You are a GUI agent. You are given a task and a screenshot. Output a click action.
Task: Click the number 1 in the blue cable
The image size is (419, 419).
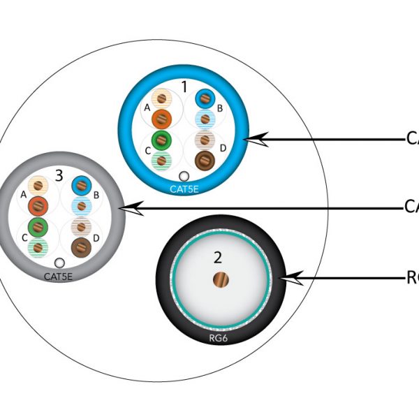tap(184, 87)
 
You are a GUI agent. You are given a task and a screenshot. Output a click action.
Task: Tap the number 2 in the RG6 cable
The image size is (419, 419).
tap(218, 257)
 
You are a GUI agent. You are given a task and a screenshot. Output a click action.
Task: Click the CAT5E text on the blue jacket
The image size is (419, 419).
tap(184, 189)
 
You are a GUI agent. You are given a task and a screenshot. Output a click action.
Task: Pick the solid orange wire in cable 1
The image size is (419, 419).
tap(161, 119)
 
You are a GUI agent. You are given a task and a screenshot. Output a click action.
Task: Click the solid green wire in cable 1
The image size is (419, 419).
tap(161, 140)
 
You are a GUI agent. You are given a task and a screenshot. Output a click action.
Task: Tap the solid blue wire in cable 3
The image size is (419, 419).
tap(82, 186)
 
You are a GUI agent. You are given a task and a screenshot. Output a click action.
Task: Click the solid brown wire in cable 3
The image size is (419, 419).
tap(82, 247)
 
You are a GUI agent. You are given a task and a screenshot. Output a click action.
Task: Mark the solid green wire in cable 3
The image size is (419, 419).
tap(38, 226)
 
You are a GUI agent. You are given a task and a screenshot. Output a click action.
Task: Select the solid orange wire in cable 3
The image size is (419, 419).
tap(38, 205)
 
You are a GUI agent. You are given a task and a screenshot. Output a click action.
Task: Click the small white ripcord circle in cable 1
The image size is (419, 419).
tap(184, 177)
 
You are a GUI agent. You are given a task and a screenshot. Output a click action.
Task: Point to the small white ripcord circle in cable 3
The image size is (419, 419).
tap(60, 263)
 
